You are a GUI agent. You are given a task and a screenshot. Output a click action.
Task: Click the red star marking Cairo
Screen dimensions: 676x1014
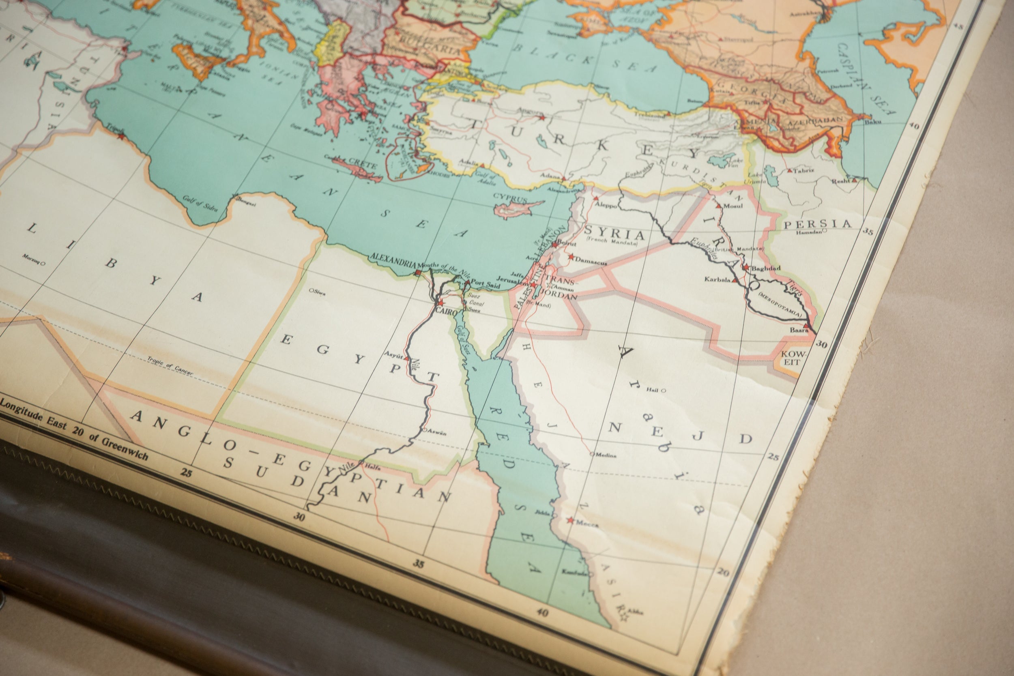[440, 303]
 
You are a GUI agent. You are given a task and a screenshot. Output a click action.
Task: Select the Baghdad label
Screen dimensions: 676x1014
[766, 268]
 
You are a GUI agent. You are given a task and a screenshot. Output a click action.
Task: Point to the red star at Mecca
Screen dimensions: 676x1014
[570, 521]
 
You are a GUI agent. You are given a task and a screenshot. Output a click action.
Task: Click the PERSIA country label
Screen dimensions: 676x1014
[817, 224]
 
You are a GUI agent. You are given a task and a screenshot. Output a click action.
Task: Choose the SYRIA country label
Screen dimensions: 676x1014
[614, 233]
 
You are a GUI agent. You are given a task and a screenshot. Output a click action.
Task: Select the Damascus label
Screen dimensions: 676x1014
[591, 261]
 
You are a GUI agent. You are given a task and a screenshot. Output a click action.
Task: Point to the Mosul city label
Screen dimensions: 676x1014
[733, 206]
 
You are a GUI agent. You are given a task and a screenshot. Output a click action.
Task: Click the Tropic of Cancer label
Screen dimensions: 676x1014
[170, 366]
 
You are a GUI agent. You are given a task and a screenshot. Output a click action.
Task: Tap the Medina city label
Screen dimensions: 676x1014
[606, 455]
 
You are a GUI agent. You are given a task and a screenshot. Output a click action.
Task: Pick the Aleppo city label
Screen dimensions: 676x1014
[606, 206]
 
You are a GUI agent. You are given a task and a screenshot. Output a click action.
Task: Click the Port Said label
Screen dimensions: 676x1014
[486, 284]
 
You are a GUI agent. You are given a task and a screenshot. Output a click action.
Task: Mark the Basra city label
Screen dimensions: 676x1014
[799, 330]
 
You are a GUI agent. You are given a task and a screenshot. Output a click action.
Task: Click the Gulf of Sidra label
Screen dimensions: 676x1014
[200, 204]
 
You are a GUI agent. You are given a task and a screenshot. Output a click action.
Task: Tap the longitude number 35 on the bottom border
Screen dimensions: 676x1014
[418, 564]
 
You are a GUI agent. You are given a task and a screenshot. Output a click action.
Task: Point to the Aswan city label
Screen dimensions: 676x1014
[437, 432]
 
